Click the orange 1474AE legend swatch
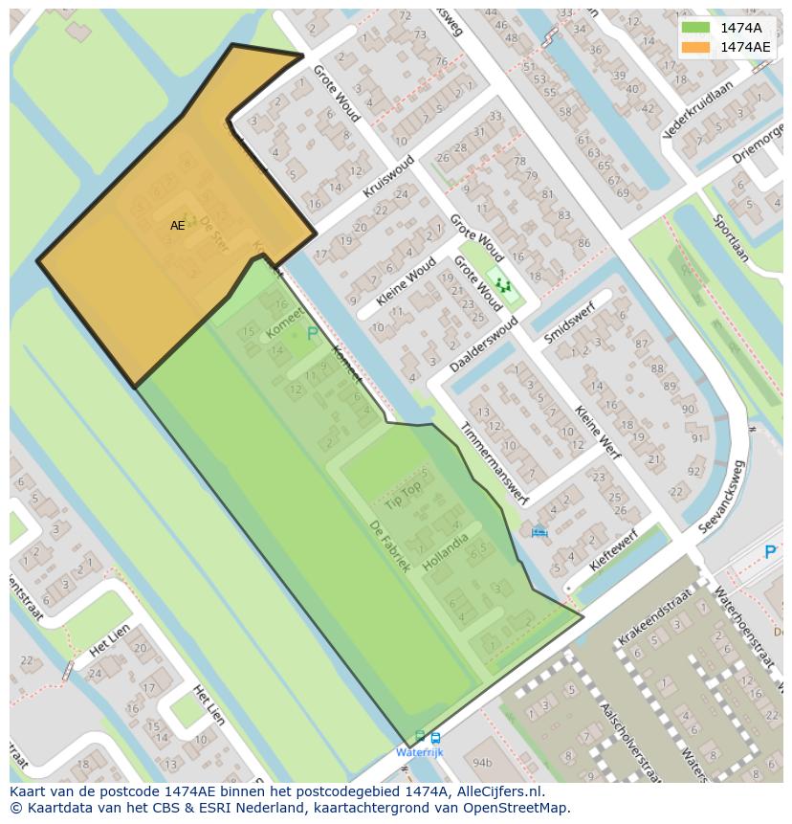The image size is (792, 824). pyautogui.click(x=695, y=47)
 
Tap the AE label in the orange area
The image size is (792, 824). pyautogui.click(x=178, y=226)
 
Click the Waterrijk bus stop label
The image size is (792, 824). pyautogui.click(x=420, y=753)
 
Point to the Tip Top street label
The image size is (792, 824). pyautogui.click(x=403, y=495)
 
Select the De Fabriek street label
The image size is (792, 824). pyautogui.click(x=390, y=546)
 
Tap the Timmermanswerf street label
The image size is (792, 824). pyautogui.click(x=493, y=463)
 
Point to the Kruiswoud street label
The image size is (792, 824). pyautogui.click(x=389, y=177)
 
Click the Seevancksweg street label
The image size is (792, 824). pyautogui.click(x=722, y=497)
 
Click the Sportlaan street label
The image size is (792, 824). pyautogui.click(x=730, y=236)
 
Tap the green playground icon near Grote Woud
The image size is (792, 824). pyautogui.click(x=502, y=285)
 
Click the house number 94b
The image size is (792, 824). pyautogui.click(x=481, y=763)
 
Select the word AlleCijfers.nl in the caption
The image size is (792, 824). pyautogui.click(x=498, y=791)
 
